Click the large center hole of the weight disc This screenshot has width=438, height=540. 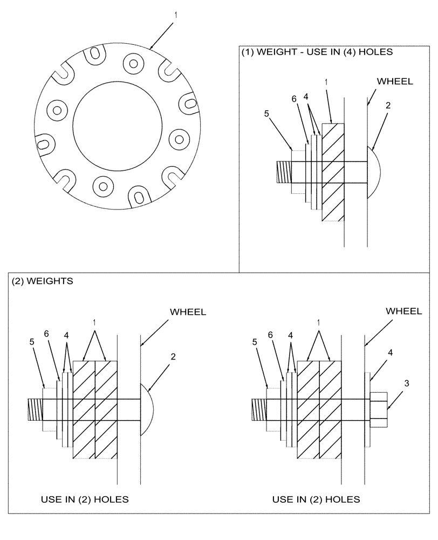coord(118,127)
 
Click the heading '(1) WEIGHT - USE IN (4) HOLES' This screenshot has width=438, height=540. coord(317,52)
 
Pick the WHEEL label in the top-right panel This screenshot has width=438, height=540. coord(395,82)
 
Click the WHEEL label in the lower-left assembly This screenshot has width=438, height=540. coord(188,312)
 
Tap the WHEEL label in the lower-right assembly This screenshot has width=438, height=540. coord(404,311)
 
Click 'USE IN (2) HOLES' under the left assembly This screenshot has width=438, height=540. coord(85,499)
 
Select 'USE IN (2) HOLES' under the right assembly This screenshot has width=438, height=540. coord(316,499)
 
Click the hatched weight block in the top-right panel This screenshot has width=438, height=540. coord(332,172)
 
